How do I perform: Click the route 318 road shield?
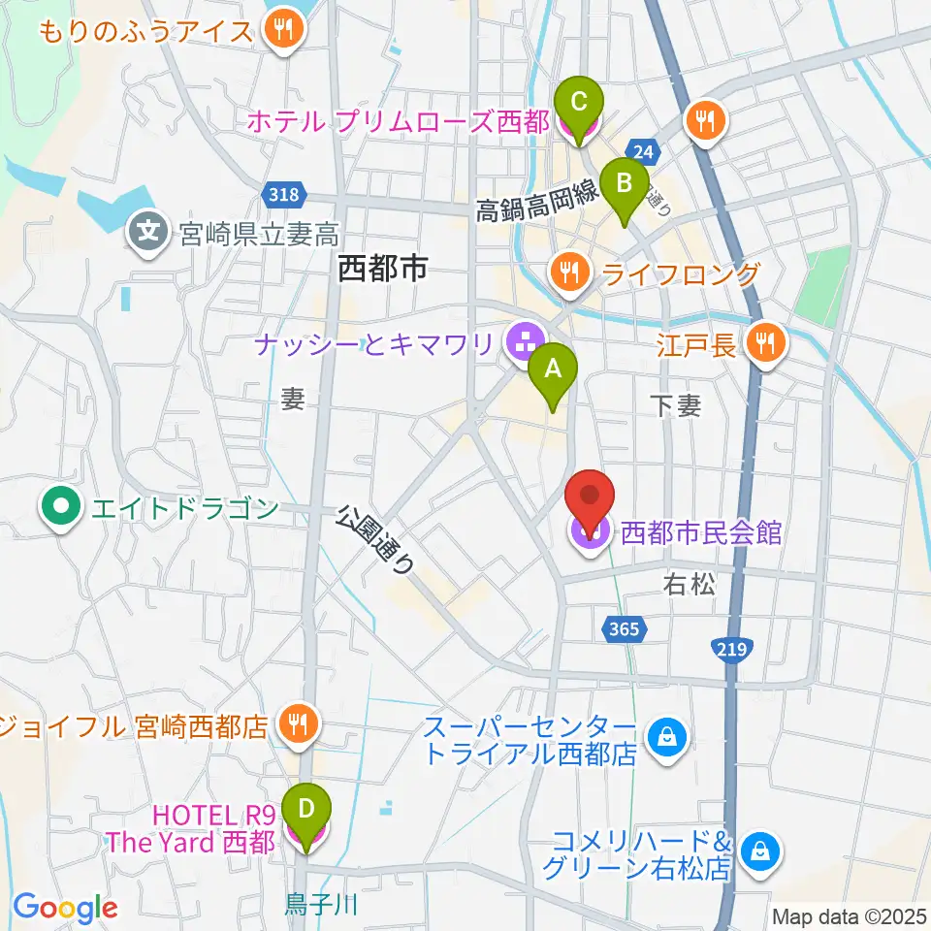(284, 195)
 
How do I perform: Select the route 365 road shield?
(626, 629)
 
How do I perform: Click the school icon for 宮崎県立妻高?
(148, 232)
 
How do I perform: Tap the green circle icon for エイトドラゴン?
(61, 506)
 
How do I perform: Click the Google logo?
(65, 908)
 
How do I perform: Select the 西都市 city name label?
(383, 270)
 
